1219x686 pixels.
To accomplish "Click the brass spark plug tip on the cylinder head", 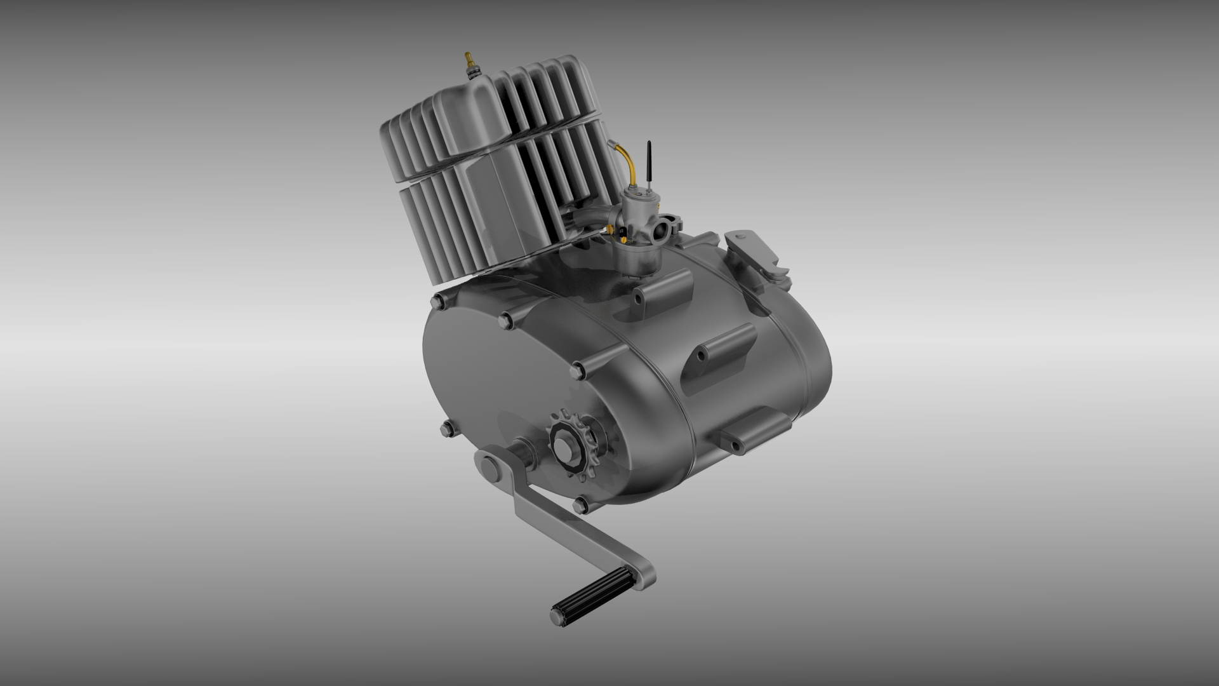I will click(469, 58).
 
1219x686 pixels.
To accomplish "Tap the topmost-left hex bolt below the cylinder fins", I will click(437, 301).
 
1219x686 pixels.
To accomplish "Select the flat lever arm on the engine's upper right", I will click(756, 251).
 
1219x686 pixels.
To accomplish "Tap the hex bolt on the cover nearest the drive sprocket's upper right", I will click(577, 369).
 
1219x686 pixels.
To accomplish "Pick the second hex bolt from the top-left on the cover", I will click(505, 318).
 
